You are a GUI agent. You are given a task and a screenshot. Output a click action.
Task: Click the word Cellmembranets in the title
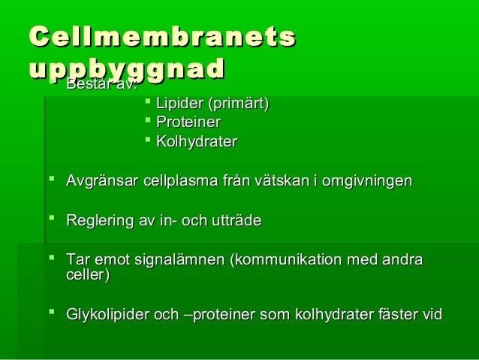[x=161, y=38]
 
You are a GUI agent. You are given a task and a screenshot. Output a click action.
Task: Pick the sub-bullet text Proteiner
[x=188, y=123]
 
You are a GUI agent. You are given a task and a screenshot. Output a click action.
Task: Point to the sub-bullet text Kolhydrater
[x=196, y=142]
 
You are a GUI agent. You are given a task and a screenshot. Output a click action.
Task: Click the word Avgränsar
[x=99, y=181]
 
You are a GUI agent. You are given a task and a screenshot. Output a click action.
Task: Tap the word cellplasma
[x=170, y=181]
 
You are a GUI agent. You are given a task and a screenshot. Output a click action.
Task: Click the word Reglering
[x=98, y=221]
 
